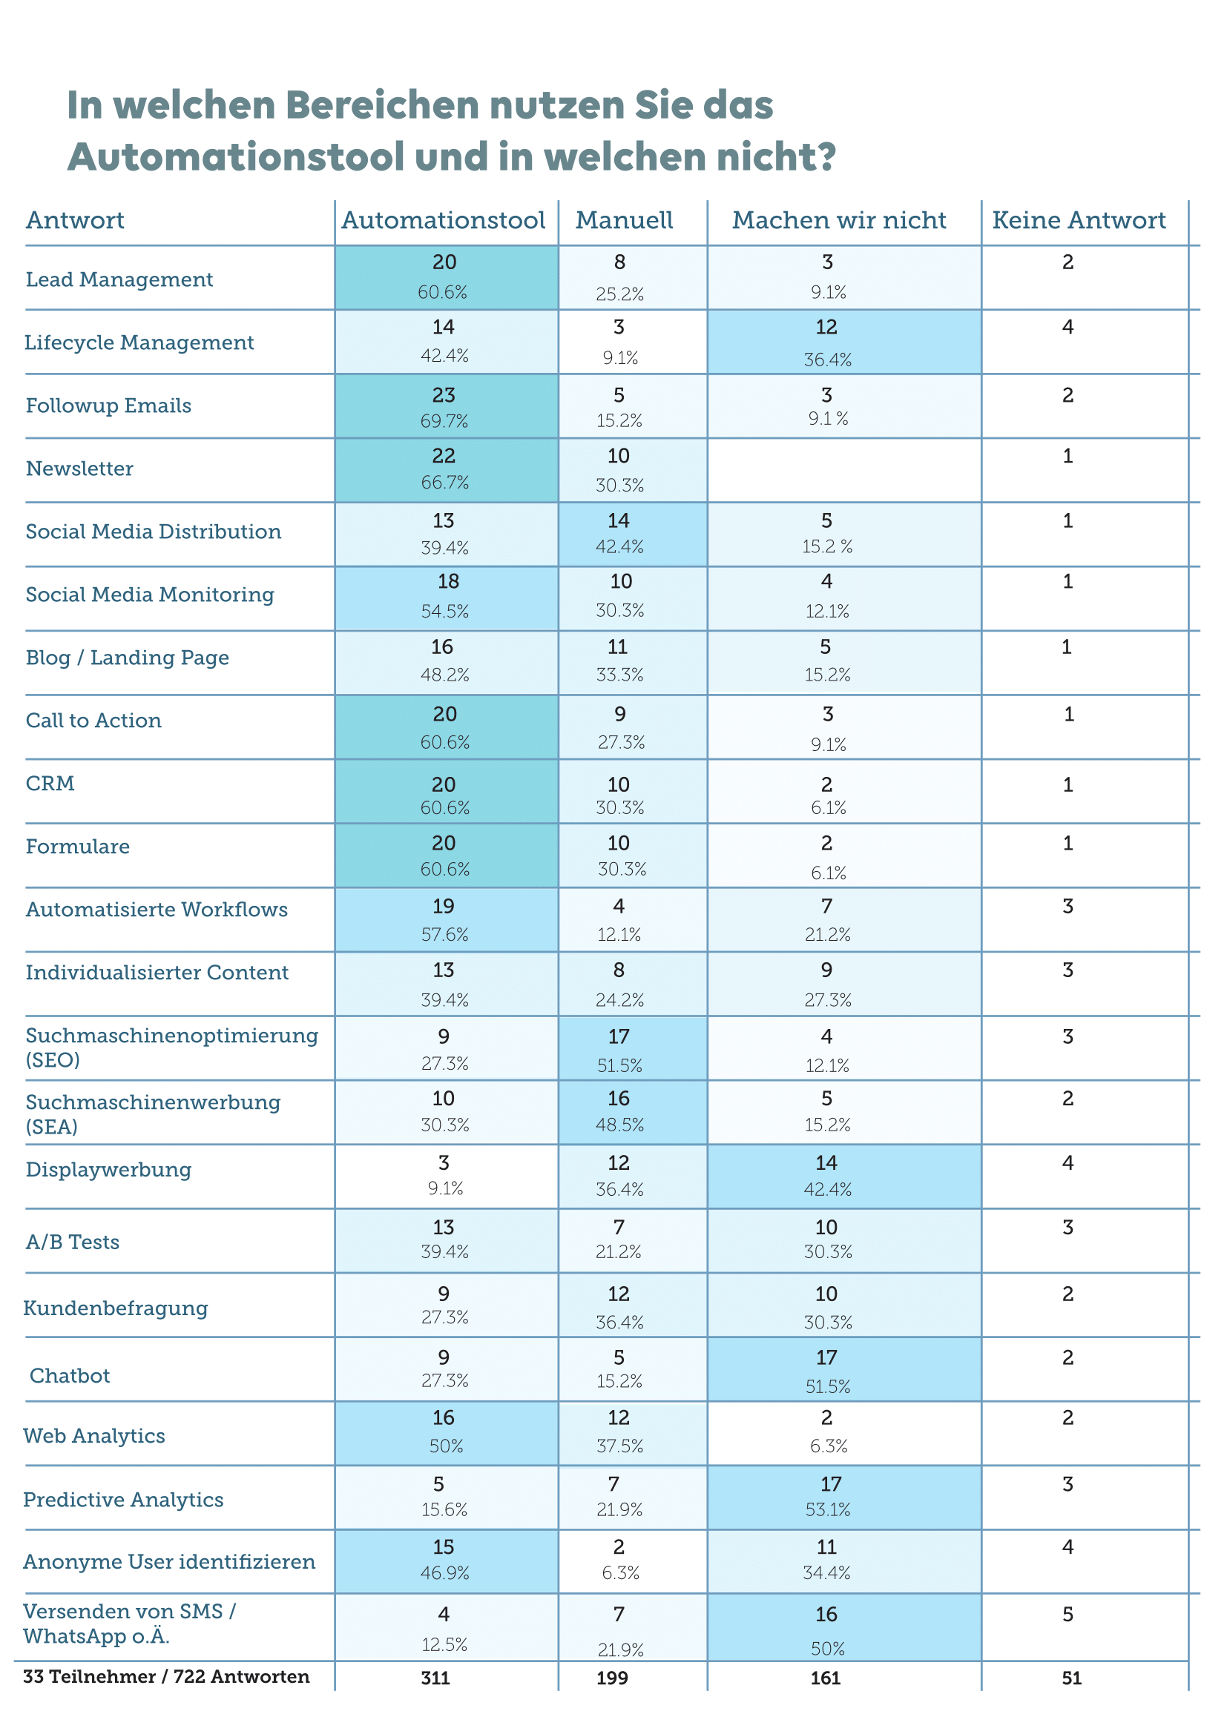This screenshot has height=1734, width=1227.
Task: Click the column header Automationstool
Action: [x=443, y=220]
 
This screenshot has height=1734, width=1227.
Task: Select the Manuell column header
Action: [x=624, y=220]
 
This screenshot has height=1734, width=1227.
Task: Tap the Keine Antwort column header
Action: [x=1078, y=220]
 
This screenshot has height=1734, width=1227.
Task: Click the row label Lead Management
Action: [x=119, y=279]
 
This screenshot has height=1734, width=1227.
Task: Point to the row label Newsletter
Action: [x=79, y=469]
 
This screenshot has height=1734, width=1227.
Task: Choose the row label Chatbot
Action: [x=70, y=1375]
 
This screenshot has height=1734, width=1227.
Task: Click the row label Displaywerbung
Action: [x=108, y=1169]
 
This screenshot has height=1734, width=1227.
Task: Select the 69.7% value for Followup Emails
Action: [x=444, y=421]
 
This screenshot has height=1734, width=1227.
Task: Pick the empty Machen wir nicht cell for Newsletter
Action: [x=843, y=470]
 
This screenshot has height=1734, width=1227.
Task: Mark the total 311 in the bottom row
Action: [x=435, y=1678]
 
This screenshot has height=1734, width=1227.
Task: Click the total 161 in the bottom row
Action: [x=826, y=1678]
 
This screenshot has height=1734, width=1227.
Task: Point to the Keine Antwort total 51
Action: [x=1071, y=1678]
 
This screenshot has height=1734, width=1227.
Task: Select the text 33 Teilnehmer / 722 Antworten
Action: [x=166, y=1677]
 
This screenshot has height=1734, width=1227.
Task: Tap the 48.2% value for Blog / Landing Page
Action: [x=444, y=675]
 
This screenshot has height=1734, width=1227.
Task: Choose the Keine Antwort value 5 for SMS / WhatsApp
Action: [x=1068, y=1615]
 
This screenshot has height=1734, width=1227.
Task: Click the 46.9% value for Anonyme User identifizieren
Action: [x=444, y=1572]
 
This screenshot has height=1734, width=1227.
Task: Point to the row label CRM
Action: [x=50, y=783]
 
